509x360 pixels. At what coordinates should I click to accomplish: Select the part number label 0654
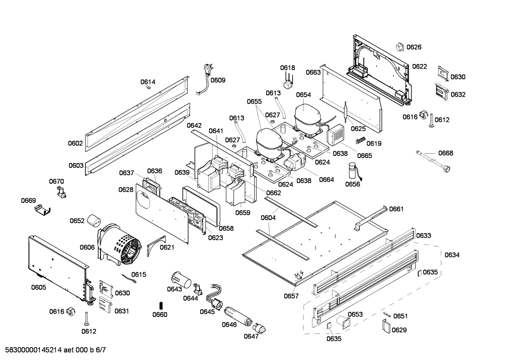[x=303, y=95]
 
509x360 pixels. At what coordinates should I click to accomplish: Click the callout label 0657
[x=291, y=296]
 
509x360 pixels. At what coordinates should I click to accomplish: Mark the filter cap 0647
[x=260, y=328]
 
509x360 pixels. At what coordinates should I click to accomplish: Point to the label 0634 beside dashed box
[x=452, y=255]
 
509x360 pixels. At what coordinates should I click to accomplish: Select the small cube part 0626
[x=400, y=47]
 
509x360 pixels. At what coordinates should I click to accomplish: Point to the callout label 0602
[x=75, y=143]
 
